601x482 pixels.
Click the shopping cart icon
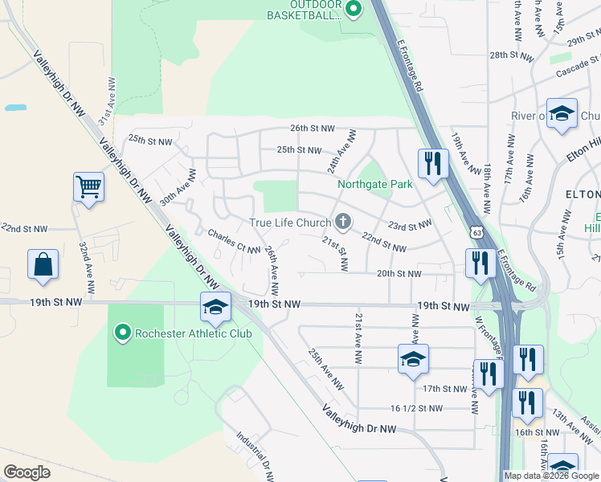[89, 188]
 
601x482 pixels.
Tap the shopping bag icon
[43, 264]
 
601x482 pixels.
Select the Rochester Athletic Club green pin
[122, 332]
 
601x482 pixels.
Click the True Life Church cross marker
[343, 222]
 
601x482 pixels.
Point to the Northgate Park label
[374, 184]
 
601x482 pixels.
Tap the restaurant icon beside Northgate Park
[433, 163]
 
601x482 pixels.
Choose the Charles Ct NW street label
[234, 243]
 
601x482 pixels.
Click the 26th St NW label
[312, 128]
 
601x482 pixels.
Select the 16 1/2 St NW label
[416, 408]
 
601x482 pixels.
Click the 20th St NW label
[399, 273]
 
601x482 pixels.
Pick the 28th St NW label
[512, 55]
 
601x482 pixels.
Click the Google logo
[27, 472]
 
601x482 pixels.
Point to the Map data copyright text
[551, 476]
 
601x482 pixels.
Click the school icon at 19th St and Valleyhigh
[216, 306]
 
